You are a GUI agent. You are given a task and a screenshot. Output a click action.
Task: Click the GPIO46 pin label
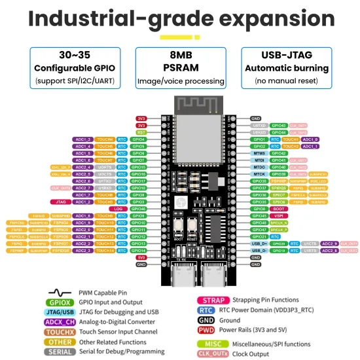click(138, 209)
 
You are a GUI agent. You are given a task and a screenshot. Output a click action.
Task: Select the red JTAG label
click(60, 202)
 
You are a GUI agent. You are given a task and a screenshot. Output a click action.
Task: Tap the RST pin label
click(141, 132)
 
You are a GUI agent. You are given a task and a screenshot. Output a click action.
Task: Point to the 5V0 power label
click(141, 257)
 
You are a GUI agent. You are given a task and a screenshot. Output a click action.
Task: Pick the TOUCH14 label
click(105, 250)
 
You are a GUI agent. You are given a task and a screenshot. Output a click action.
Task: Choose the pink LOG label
click(118, 209)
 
